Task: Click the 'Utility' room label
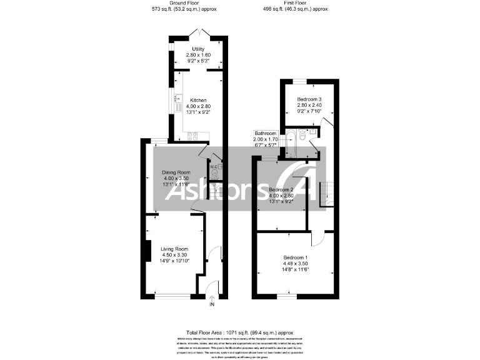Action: tap(198, 49)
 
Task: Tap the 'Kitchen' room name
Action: tap(198, 101)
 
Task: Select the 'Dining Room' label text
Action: tap(176, 172)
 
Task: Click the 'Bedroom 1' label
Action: tap(296, 257)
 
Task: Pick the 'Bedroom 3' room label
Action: tap(309, 100)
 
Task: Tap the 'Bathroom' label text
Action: tap(264, 132)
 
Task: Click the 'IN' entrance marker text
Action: tap(211, 305)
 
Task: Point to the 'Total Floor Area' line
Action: tap(240, 333)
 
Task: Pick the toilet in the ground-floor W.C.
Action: tap(215, 177)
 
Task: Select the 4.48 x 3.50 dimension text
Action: tap(296, 264)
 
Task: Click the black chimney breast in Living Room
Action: tap(144, 252)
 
